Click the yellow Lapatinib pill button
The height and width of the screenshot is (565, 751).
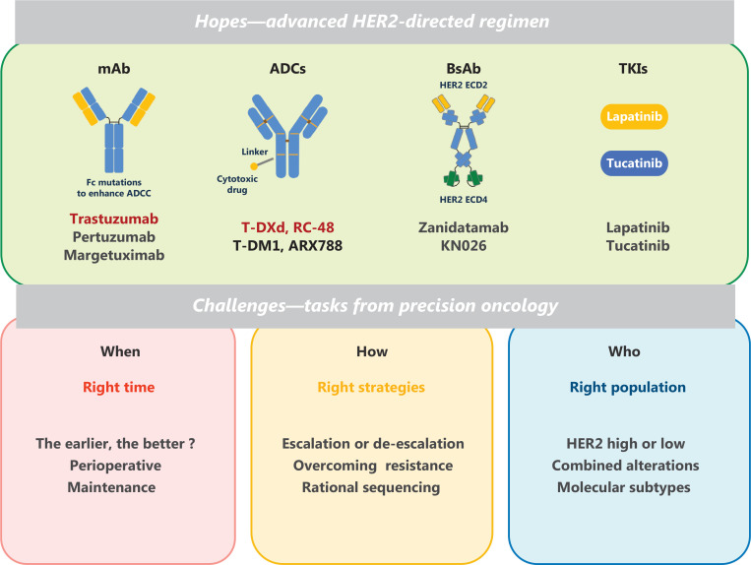pyautogui.click(x=634, y=117)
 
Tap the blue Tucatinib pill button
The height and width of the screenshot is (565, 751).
pyautogui.click(x=634, y=163)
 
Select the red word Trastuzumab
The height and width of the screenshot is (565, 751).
pyautogui.click(x=114, y=219)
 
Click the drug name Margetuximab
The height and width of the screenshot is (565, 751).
pyautogui.click(x=114, y=255)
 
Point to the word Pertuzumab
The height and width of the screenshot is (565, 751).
pyautogui.click(x=114, y=237)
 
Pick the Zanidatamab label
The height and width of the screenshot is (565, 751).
pyautogui.click(x=464, y=227)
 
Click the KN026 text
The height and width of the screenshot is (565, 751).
pyautogui.click(x=464, y=246)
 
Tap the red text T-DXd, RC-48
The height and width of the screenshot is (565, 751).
pyautogui.click(x=287, y=227)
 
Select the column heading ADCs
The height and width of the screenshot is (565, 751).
pyautogui.click(x=287, y=69)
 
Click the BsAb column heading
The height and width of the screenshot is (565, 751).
pyautogui.click(x=464, y=69)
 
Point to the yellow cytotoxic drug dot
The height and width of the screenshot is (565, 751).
pyautogui.click(x=254, y=166)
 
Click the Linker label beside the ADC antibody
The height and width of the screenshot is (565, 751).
pyautogui.click(x=255, y=152)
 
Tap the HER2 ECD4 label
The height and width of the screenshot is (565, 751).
pyautogui.click(x=464, y=200)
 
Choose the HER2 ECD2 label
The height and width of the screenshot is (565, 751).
pyautogui.click(x=464, y=86)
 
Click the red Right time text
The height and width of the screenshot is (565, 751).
pyautogui.click(x=119, y=387)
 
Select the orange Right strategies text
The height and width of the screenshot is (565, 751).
pyautogui.click(x=371, y=387)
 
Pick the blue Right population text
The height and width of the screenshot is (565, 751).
pyautogui.click(x=627, y=387)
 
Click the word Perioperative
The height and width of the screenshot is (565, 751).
pyautogui.click(x=115, y=466)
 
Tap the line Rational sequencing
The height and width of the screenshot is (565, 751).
pyautogui.click(x=371, y=487)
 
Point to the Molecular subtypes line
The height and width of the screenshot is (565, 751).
pyautogui.click(x=624, y=487)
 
